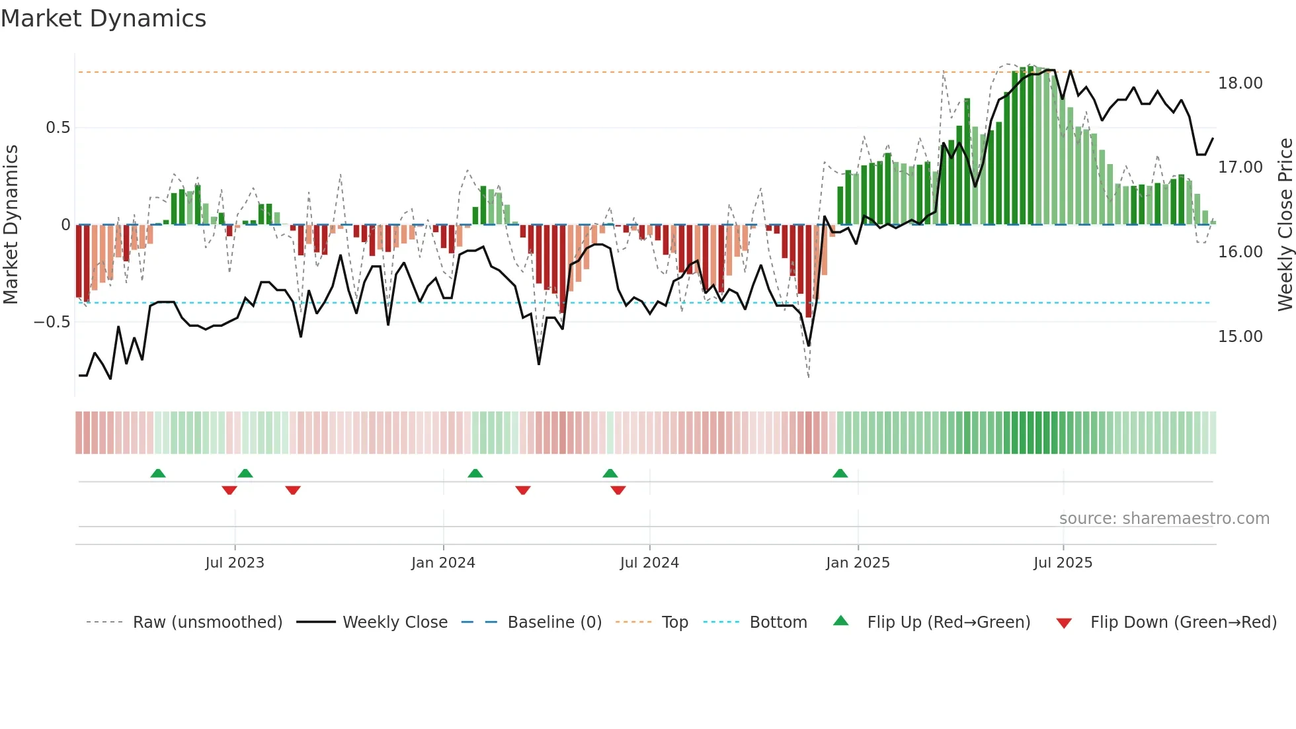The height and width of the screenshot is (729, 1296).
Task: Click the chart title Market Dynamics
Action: click(103, 19)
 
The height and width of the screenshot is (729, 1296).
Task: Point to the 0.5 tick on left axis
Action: click(58, 128)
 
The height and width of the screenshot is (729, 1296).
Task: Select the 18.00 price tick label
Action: click(1240, 83)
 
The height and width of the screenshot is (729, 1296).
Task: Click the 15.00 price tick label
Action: click(1240, 337)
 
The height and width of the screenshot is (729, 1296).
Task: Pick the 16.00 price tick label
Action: click(1240, 252)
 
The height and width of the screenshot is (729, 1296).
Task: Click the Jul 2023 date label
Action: click(235, 563)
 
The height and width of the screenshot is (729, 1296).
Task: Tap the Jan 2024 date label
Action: click(443, 563)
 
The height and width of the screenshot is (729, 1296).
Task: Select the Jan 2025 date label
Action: click(858, 563)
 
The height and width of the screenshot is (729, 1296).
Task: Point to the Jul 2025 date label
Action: click(1063, 563)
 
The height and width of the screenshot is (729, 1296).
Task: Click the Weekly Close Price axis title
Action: click(1285, 224)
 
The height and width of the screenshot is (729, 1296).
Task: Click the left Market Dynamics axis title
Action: click(11, 224)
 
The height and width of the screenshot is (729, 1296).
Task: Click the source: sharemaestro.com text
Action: click(1164, 519)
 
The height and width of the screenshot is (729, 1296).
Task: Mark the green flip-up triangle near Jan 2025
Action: click(840, 474)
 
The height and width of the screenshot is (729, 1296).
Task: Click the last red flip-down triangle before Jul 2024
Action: click(618, 490)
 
